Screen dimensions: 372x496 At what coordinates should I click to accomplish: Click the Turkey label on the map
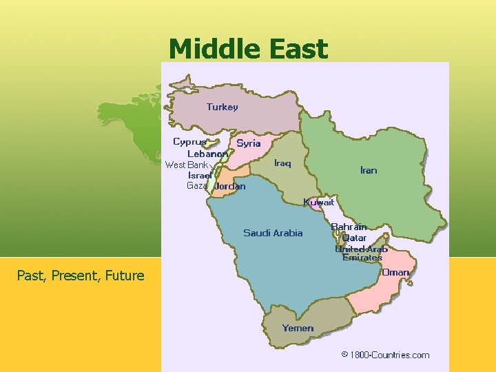click(222, 107)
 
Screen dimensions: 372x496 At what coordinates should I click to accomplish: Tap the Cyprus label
click(189, 142)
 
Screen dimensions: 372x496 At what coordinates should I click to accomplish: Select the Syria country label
click(248, 143)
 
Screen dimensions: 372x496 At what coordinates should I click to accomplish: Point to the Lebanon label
click(208, 154)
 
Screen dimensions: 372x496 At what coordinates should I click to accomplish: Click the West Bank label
click(187, 165)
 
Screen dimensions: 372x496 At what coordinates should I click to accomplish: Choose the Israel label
click(200, 175)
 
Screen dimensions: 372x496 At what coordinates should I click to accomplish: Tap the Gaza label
click(196, 186)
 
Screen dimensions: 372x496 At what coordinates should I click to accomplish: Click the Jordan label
click(229, 186)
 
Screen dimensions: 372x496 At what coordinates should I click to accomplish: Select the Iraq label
click(282, 163)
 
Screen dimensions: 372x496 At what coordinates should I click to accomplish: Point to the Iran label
click(369, 170)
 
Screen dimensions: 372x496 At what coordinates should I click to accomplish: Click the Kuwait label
click(319, 203)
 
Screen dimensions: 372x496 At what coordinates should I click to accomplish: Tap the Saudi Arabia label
click(273, 233)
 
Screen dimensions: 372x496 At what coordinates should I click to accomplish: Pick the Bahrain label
click(349, 227)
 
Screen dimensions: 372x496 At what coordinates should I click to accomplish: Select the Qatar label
click(354, 238)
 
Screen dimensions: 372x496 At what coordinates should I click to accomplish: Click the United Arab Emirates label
click(362, 253)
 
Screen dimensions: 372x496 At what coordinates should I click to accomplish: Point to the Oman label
click(395, 272)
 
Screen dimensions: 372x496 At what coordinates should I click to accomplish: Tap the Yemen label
click(298, 328)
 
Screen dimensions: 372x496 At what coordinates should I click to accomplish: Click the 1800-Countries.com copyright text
click(385, 355)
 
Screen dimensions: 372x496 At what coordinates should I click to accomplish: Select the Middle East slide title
click(248, 49)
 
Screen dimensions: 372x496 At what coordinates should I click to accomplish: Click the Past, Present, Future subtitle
click(81, 276)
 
